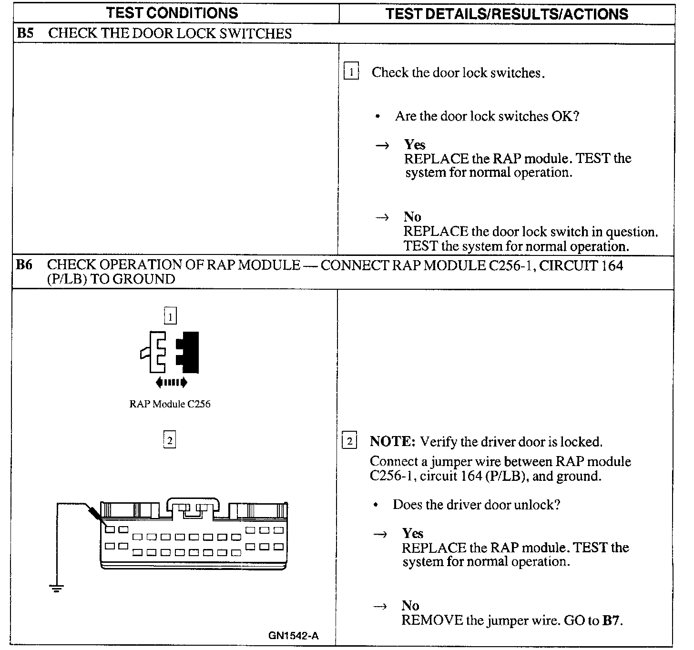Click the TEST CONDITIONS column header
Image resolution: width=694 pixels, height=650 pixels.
(172, 13)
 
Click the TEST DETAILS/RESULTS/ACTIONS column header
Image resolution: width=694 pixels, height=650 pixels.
(507, 14)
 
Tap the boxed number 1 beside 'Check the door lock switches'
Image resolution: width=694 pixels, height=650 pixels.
(351, 72)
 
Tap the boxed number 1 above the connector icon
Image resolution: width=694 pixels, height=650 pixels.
(170, 316)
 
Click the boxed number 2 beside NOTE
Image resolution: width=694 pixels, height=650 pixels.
(349, 441)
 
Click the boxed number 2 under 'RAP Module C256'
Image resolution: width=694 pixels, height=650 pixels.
(169, 439)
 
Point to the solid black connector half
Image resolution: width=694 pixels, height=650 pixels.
(188, 352)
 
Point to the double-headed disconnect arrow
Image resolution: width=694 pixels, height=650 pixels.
(172, 382)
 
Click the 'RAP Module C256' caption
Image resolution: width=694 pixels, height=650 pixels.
(170, 404)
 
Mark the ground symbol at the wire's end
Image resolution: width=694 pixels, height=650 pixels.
(56, 588)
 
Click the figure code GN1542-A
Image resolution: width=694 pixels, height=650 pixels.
(293, 635)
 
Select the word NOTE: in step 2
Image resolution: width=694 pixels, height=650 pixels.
(393, 442)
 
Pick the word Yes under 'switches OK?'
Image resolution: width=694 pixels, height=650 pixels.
(415, 144)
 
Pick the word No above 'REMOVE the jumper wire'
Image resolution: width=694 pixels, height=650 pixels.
(410, 606)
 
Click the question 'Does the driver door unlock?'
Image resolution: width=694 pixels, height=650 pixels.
(476, 505)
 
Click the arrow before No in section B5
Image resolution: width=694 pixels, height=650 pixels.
(382, 217)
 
